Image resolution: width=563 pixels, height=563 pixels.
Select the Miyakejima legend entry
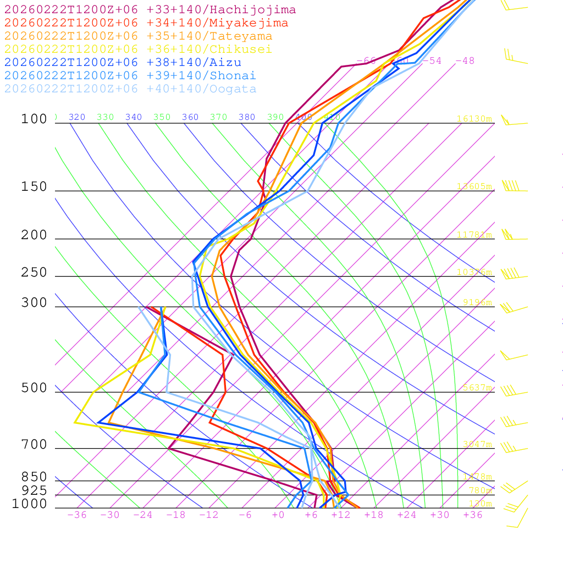[x=146, y=23]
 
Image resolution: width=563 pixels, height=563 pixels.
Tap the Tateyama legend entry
[x=138, y=36]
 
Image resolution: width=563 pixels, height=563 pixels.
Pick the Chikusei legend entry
[x=138, y=49]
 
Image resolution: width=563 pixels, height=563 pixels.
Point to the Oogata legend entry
[x=130, y=89]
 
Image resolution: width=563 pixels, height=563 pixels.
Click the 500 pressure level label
[x=34, y=388]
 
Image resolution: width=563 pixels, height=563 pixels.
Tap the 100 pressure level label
[x=34, y=119]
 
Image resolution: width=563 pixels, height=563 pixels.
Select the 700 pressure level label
[x=34, y=445]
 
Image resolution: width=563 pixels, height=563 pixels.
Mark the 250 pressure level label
[x=34, y=273]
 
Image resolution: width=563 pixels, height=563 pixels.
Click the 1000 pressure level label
[x=30, y=504]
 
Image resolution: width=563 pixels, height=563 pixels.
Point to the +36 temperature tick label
[x=473, y=515]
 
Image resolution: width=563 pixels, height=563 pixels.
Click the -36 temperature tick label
[x=76, y=515]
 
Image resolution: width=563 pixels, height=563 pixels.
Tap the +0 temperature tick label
[x=278, y=515]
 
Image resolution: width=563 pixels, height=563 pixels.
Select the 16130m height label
[x=474, y=119]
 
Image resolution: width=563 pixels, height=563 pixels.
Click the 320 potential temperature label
[x=77, y=117]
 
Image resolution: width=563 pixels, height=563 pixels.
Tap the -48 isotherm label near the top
[x=465, y=61]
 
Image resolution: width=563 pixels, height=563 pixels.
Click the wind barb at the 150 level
[x=511, y=186]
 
